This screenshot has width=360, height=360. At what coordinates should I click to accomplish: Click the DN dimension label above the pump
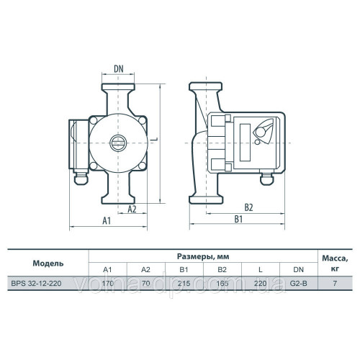119,69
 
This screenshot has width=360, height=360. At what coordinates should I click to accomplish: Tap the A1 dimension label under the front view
107,220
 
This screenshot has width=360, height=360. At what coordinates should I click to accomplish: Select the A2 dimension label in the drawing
132,209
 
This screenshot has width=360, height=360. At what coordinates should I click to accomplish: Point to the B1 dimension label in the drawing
238,219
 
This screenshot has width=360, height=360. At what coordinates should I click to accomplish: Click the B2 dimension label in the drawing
248,207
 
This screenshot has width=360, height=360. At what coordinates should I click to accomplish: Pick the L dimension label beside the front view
156,139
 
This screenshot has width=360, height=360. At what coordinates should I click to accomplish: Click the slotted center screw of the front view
118,143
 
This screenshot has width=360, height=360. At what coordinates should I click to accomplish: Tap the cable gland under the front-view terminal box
81,177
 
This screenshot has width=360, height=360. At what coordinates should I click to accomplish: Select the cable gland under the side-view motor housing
266,178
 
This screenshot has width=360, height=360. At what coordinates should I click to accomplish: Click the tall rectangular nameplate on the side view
245,143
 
